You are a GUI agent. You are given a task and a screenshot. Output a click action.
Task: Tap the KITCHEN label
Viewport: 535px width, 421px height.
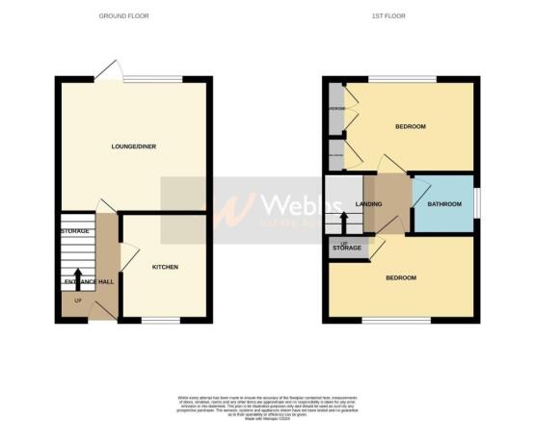165,267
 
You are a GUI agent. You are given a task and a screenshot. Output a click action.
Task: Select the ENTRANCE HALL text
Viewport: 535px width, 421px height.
88,281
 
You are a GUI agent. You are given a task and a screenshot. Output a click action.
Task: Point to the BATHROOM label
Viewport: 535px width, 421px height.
445,204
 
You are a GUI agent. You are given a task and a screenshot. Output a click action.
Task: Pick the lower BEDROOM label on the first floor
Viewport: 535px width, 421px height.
401,277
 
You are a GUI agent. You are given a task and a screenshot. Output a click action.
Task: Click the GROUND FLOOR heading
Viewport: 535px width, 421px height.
130,16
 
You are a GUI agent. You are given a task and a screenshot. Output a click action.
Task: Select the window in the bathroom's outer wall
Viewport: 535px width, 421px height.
477,203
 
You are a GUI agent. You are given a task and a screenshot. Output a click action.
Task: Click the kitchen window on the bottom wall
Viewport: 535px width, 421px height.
162,320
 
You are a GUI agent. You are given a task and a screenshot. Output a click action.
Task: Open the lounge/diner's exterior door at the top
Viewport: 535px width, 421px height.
110,70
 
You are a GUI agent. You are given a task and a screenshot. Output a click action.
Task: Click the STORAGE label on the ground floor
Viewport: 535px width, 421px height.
75,231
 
